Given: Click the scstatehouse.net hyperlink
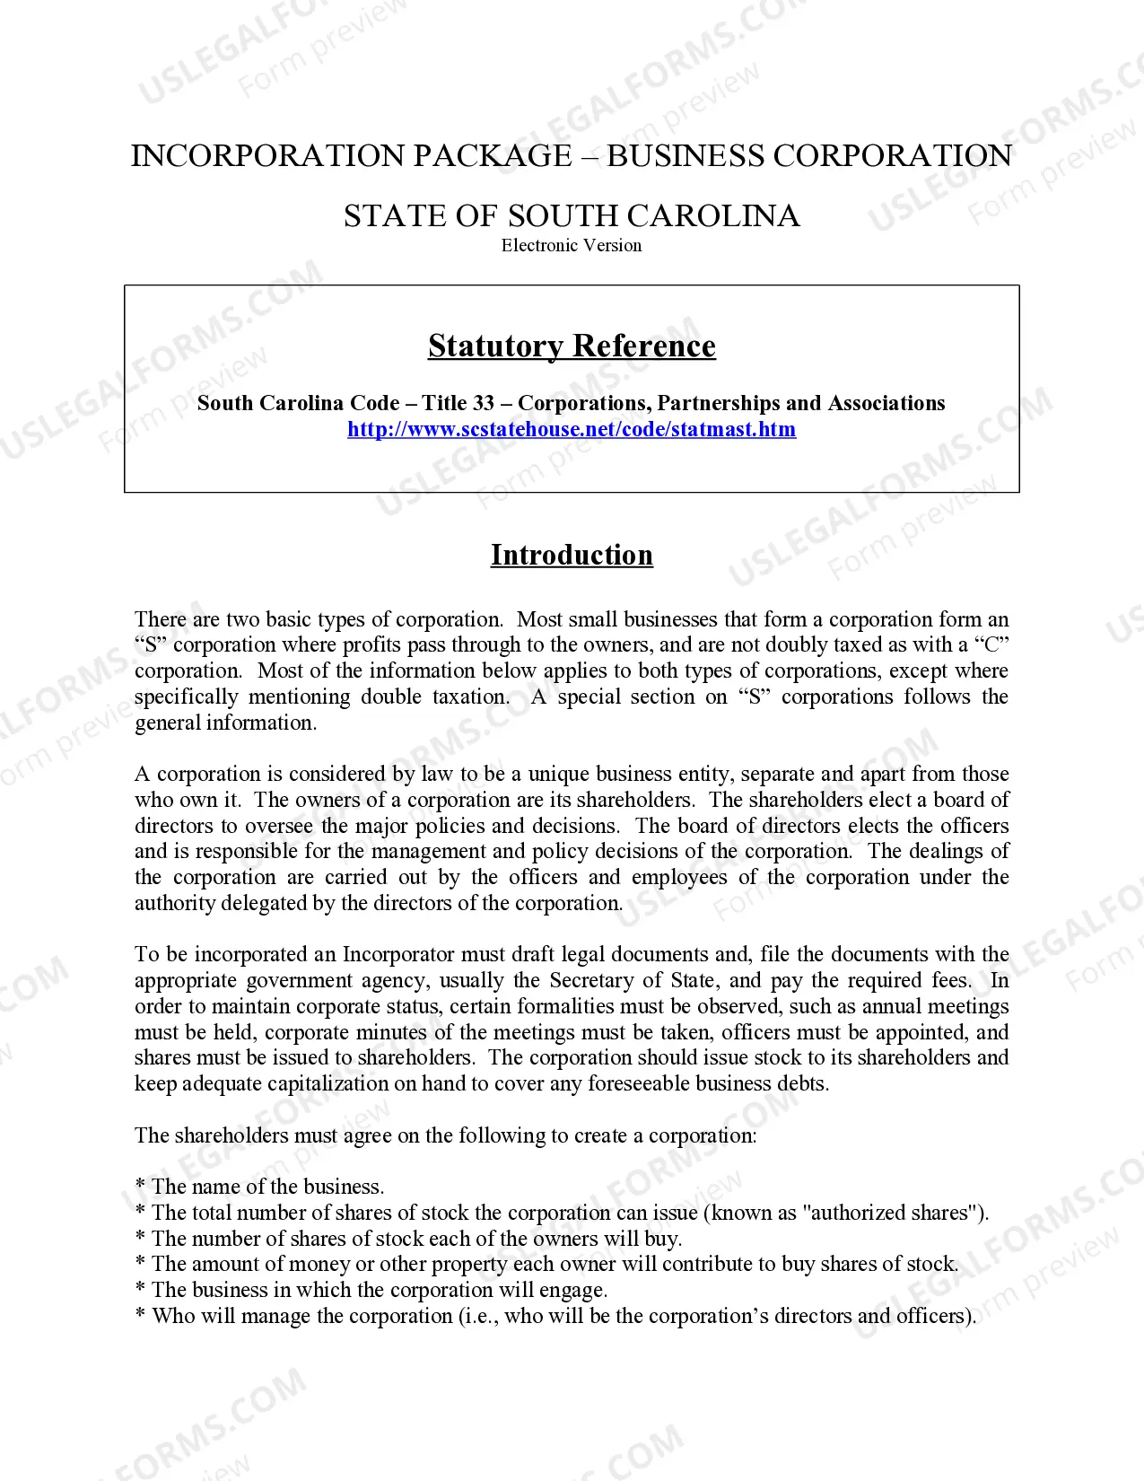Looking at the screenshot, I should pyautogui.click(x=572, y=429).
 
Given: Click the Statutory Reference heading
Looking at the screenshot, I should pyautogui.click(x=572, y=346).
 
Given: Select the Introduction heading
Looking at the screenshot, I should pyautogui.click(x=572, y=555).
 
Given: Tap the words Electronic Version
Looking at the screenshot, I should pyautogui.click(x=572, y=245).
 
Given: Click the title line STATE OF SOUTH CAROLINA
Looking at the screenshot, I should pyautogui.click(x=572, y=216).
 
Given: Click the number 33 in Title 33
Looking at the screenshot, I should pyautogui.click(x=482, y=403).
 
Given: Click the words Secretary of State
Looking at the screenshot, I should pyautogui.click(x=631, y=980).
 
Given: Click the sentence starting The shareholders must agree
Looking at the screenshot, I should pyautogui.click(x=445, y=1135).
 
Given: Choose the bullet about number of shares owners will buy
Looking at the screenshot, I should pyautogui.click(x=416, y=1239).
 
